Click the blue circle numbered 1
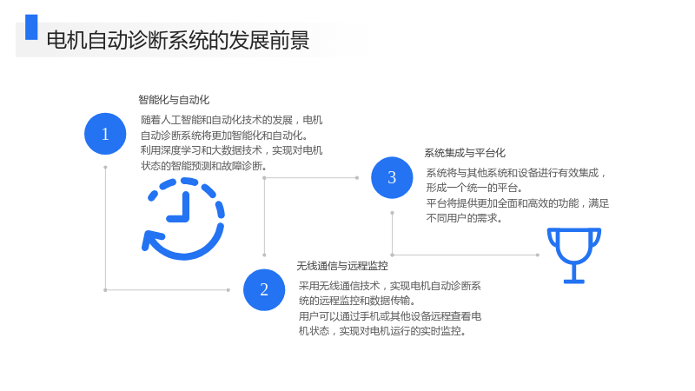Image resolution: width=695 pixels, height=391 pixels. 105,134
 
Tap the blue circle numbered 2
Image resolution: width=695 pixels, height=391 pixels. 264,289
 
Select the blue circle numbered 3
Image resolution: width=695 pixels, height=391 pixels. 392,177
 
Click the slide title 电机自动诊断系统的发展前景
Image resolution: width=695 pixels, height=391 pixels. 178,40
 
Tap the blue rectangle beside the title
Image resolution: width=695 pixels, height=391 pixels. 31,27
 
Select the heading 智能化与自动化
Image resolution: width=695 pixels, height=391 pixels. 174,100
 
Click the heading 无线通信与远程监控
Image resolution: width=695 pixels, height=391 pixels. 342,266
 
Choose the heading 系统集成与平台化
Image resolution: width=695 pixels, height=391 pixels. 465,153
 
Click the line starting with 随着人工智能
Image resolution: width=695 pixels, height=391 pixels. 231,120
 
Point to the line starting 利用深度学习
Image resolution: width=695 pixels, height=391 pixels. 231,150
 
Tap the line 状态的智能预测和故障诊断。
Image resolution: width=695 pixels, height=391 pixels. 204,166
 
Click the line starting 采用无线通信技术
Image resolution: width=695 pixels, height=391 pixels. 389,286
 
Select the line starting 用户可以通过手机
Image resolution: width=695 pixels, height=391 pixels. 389,316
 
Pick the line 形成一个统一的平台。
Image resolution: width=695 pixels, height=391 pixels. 474,188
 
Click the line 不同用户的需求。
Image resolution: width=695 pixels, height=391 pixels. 464,218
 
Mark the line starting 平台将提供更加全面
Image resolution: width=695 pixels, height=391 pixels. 518,203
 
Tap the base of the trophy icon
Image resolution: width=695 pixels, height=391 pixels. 574,281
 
